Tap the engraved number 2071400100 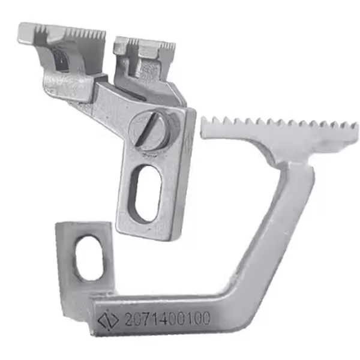pos(167,319)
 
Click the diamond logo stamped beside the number pos(108,320)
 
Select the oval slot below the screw pos(145,194)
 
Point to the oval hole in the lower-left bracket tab pos(89,259)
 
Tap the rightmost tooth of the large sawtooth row pos(354,126)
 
